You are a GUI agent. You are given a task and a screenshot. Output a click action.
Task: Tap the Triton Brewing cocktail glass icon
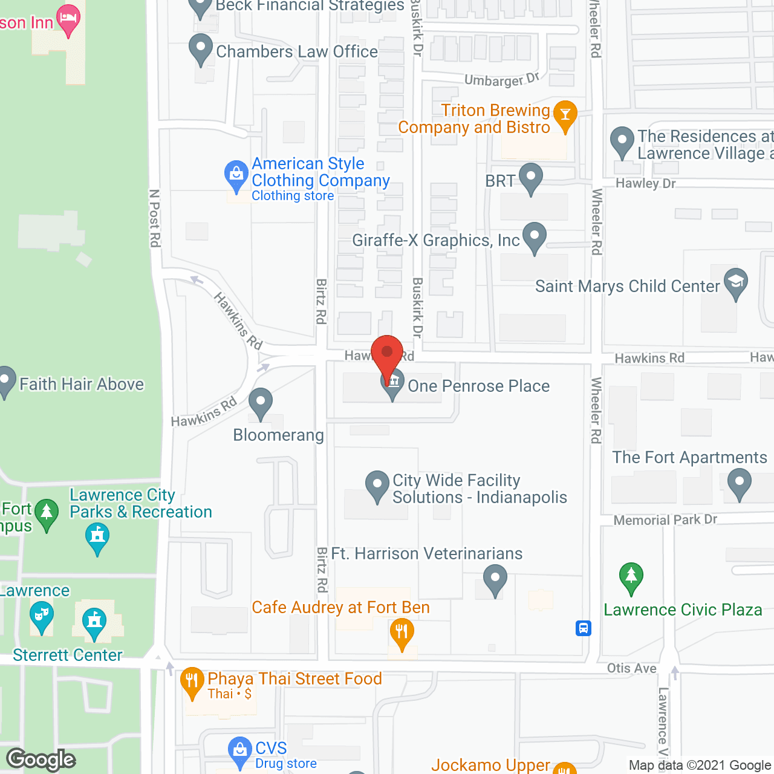point(565,115)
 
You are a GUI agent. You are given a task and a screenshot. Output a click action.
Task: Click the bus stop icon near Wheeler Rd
point(583,628)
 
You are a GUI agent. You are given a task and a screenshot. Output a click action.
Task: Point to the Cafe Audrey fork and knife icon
point(402,633)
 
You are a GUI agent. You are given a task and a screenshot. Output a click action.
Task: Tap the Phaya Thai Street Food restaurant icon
point(192,681)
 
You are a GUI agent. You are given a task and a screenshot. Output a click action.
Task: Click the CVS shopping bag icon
point(240,751)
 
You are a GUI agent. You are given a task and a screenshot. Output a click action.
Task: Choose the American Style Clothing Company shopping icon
point(236,175)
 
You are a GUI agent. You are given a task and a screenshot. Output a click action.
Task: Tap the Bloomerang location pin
point(261,402)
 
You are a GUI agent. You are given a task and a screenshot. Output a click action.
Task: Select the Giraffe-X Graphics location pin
point(535,237)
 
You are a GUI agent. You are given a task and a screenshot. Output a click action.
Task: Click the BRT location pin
point(530,178)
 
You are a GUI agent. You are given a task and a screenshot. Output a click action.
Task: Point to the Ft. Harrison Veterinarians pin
point(495,579)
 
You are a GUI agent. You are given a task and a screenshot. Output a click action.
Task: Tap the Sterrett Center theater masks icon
point(41,618)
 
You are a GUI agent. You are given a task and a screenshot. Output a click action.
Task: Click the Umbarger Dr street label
point(501,80)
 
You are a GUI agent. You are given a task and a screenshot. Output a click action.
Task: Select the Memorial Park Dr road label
point(665,520)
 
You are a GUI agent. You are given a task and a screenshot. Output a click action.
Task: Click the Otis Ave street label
point(631,668)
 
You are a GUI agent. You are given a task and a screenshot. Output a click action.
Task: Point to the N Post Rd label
point(155,218)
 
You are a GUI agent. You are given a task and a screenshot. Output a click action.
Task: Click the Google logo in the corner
point(41,759)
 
